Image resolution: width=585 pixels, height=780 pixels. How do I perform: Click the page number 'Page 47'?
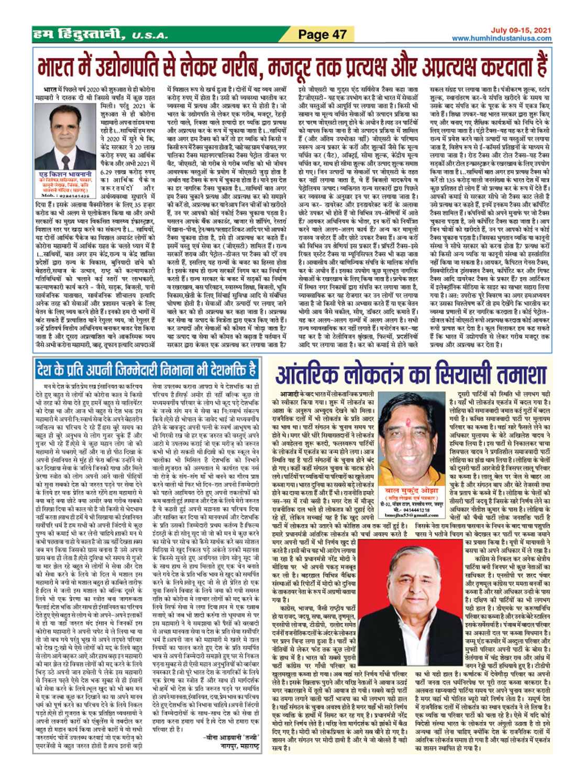(322, 35)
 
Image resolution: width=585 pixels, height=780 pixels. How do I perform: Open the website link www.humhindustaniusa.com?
(501, 38)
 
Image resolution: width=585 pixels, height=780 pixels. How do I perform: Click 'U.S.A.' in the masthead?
(150, 36)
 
